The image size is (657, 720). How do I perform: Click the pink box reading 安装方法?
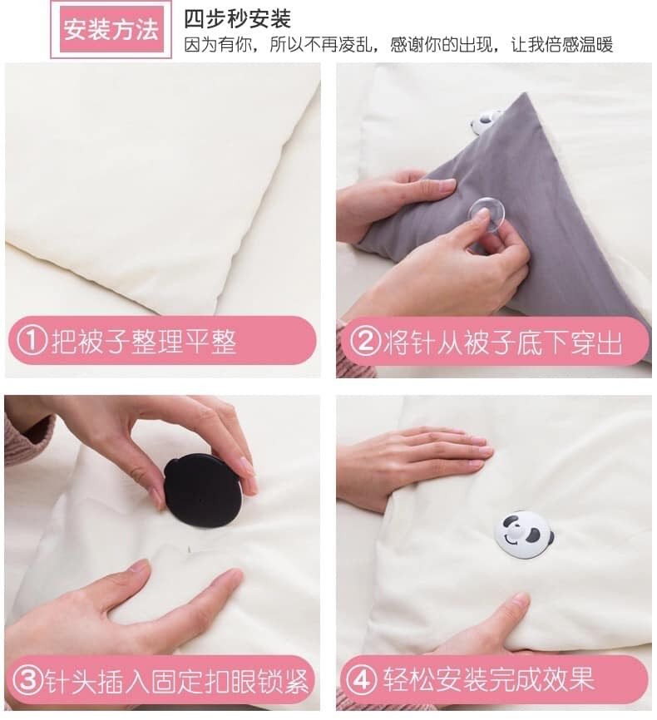point(111,29)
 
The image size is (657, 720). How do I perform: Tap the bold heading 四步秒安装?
point(237,19)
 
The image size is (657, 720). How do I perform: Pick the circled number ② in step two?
point(365,341)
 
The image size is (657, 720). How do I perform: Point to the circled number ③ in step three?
point(27,680)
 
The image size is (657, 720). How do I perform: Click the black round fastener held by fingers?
point(203,491)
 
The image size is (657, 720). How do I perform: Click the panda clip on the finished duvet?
point(524,535)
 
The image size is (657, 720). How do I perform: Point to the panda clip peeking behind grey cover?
point(485,121)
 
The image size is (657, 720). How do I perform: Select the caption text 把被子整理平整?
point(144,341)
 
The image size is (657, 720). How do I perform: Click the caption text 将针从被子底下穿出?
point(502,342)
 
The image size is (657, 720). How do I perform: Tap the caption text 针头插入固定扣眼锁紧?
point(176,681)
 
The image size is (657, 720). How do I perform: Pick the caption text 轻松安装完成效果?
point(489,678)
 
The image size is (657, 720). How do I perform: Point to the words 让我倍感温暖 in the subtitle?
point(562,45)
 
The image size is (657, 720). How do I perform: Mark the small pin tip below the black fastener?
point(189,549)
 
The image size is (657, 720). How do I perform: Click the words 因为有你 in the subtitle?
point(218,45)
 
